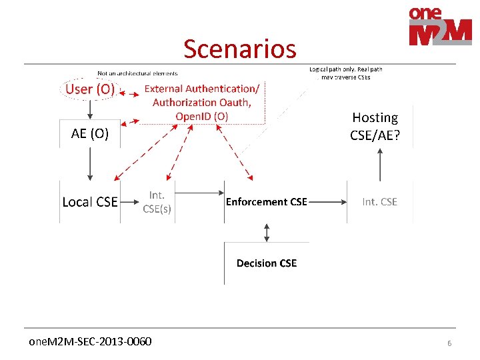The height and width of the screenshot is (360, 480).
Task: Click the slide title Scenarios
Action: (239, 49)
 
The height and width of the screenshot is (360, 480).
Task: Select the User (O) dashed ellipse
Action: (90, 89)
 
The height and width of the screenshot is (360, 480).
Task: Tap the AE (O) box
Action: (90, 134)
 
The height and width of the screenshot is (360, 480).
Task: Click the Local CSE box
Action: (90, 201)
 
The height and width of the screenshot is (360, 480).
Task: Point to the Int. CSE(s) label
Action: (157, 201)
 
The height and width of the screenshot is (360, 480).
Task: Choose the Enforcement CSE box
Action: (267, 201)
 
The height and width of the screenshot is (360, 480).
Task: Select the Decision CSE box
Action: (267, 263)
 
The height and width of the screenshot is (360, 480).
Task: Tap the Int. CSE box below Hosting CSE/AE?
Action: (379, 201)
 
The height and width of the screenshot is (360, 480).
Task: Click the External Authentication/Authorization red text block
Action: (202, 102)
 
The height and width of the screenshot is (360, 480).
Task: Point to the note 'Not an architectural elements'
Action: (137, 73)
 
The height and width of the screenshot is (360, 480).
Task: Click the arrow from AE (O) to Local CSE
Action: (90, 163)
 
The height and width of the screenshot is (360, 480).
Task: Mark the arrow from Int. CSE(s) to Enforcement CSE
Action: (199, 193)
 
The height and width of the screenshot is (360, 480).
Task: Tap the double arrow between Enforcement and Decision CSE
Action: (267, 232)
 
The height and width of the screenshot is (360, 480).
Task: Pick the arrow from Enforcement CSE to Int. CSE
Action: (327, 201)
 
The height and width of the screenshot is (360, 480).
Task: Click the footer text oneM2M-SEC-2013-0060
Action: (90, 342)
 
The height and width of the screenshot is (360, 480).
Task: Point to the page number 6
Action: (449, 343)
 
